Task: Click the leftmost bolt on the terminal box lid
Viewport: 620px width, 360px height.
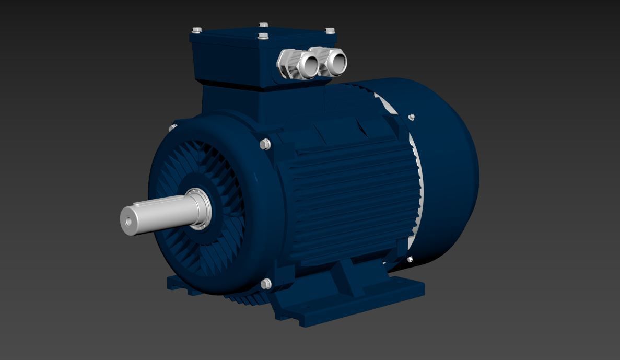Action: [x=196, y=30]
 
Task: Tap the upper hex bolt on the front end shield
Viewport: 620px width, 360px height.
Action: [x=265, y=144]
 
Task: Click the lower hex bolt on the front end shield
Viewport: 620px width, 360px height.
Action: [x=265, y=284]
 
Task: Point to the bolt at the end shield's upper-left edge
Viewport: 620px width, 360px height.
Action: [x=173, y=127]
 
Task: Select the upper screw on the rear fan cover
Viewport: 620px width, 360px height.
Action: [x=411, y=117]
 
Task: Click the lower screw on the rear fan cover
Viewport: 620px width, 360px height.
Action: [x=410, y=259]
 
